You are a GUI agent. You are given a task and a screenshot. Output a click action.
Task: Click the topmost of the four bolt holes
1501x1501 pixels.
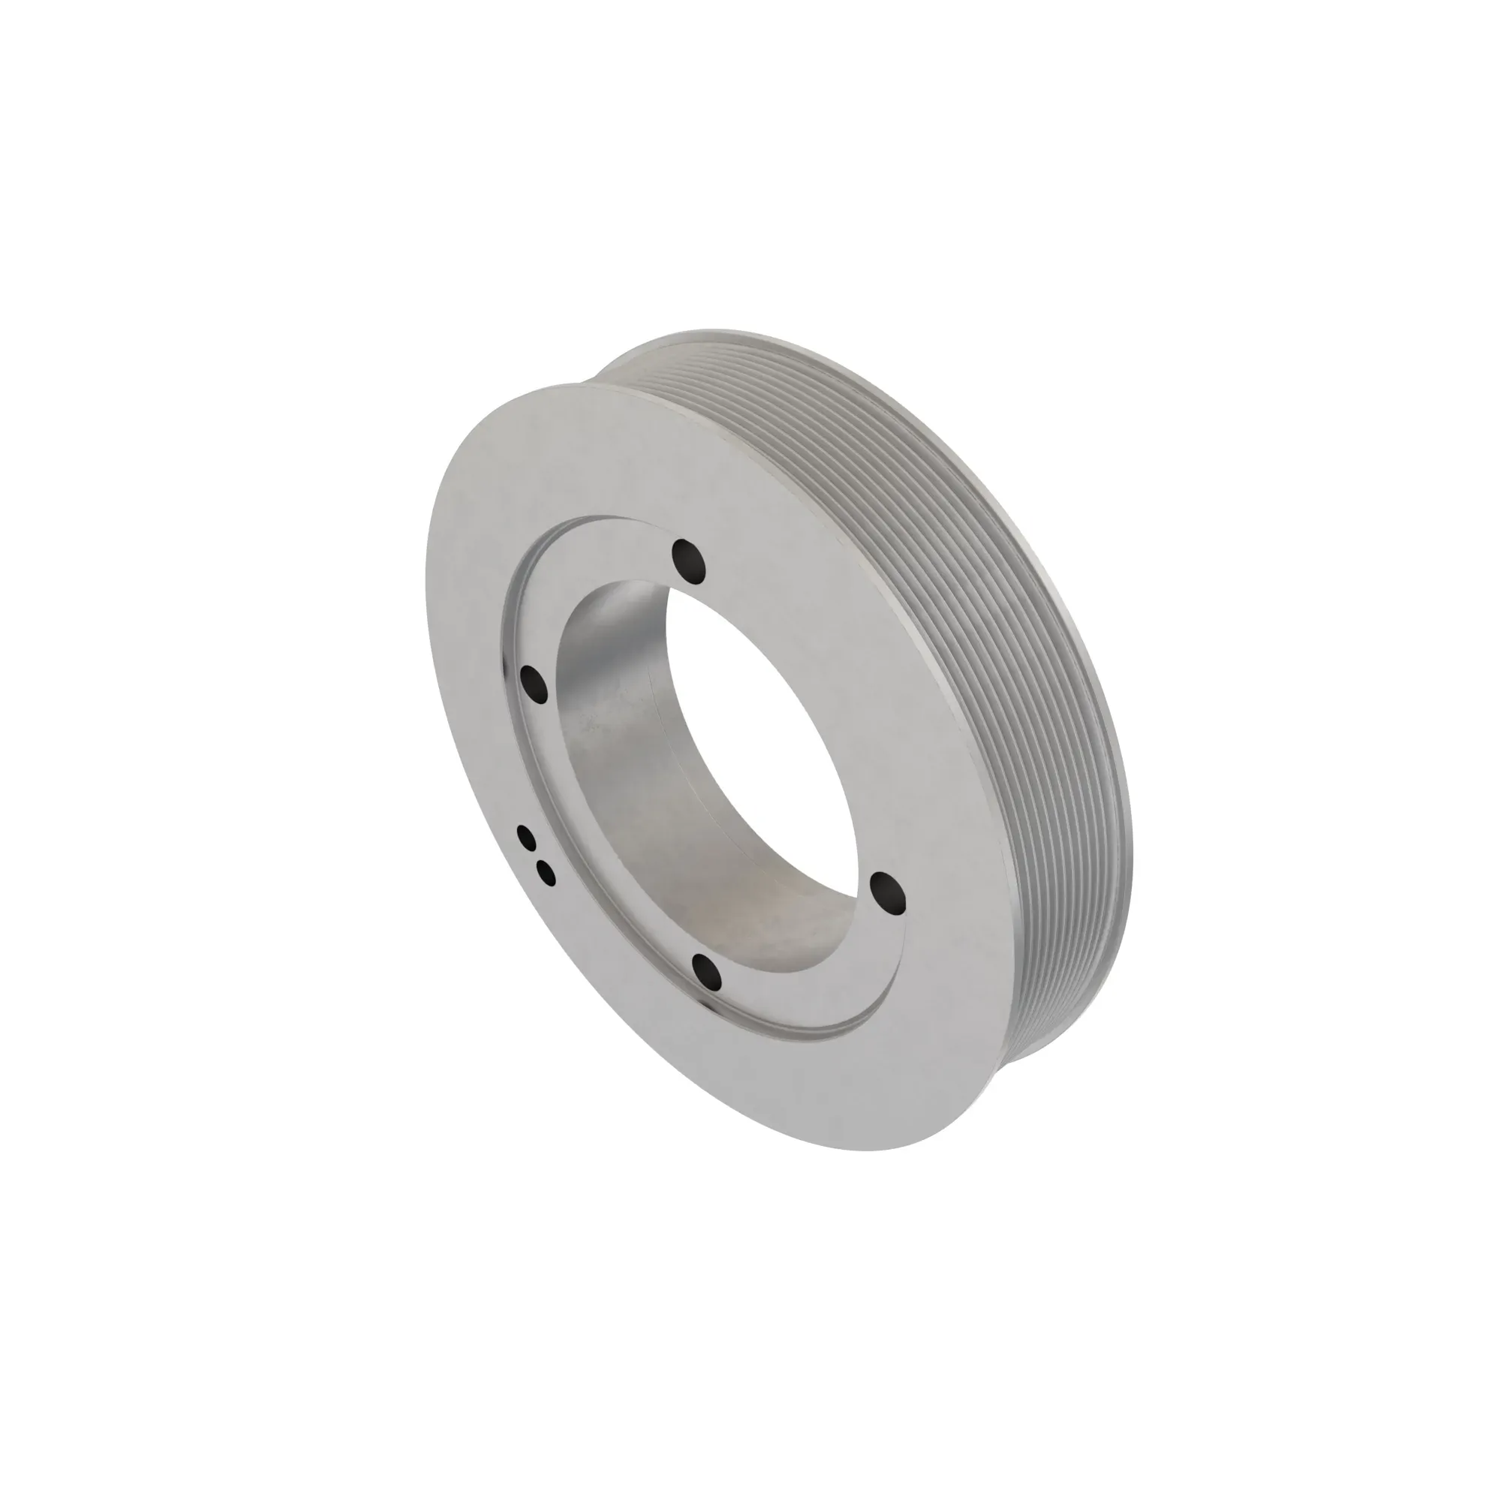click(x=689, y=558)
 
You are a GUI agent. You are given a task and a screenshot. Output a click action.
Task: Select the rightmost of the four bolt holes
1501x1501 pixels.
click(x=888, y=891)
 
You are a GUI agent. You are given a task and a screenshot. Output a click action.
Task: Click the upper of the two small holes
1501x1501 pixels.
click(x=528, y=838)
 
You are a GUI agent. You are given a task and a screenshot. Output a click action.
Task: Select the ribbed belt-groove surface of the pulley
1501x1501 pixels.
click(x=971, y=621)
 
